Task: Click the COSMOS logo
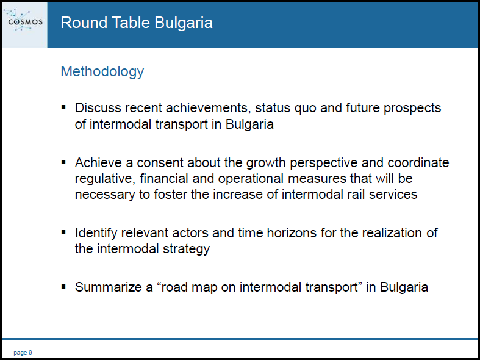pyautogui.click(x=23, y=21)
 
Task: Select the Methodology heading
pyautogui.click(x=102, y=72)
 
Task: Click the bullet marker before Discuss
pyautogui.click(x=63, y=107)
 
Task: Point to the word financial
pyautogui.click(x=164, y=179)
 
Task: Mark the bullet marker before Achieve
pyautogui.click(x=63, y=162)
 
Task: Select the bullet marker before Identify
pyautogui.click(x=63, y=232)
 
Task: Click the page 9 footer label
pyautogui.click(x=23, y=353)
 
